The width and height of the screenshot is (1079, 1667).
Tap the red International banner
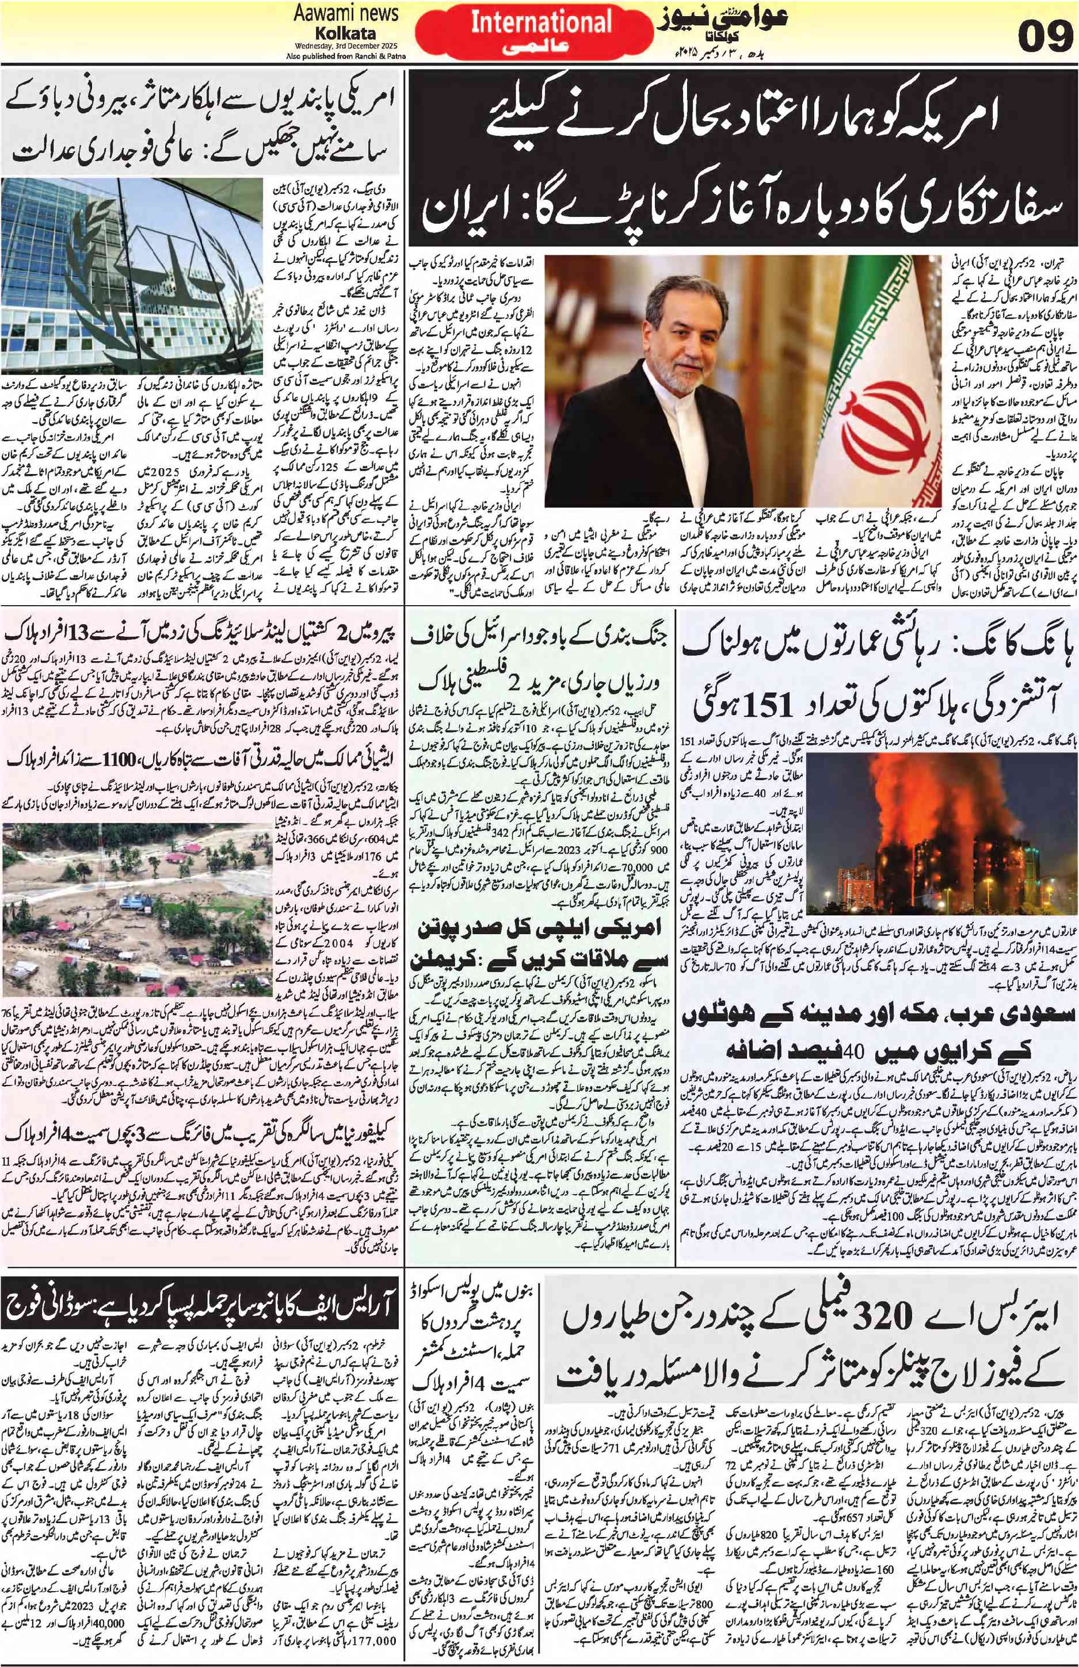[x=541, y=32]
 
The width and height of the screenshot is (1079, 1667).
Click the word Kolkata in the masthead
[x=345, y=33]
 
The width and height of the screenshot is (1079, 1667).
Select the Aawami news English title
[x=346, y=13]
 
